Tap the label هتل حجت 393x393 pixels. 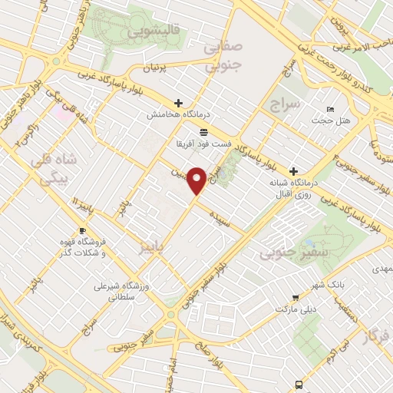(334, 121)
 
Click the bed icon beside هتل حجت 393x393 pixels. (330, 108)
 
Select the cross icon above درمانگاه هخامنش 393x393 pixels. (178, 102)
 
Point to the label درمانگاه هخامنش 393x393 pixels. (177, 114)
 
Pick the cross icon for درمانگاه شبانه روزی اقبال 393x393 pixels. (292, 170)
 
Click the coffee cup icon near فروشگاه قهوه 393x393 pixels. (82, 230)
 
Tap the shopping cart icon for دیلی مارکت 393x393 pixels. (296, 298)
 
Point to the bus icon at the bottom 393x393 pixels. (299, 385)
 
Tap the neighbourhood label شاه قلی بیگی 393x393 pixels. (53, 170)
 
